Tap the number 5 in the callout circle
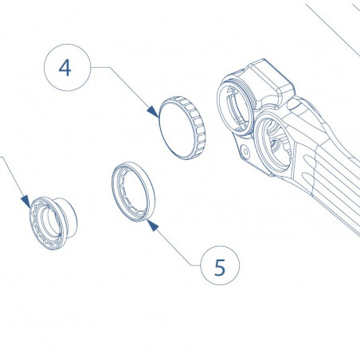coord(220,267)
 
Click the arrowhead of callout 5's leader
coord(151,225)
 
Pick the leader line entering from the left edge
coord(11,175)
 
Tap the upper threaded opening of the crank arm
coord(240,104)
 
